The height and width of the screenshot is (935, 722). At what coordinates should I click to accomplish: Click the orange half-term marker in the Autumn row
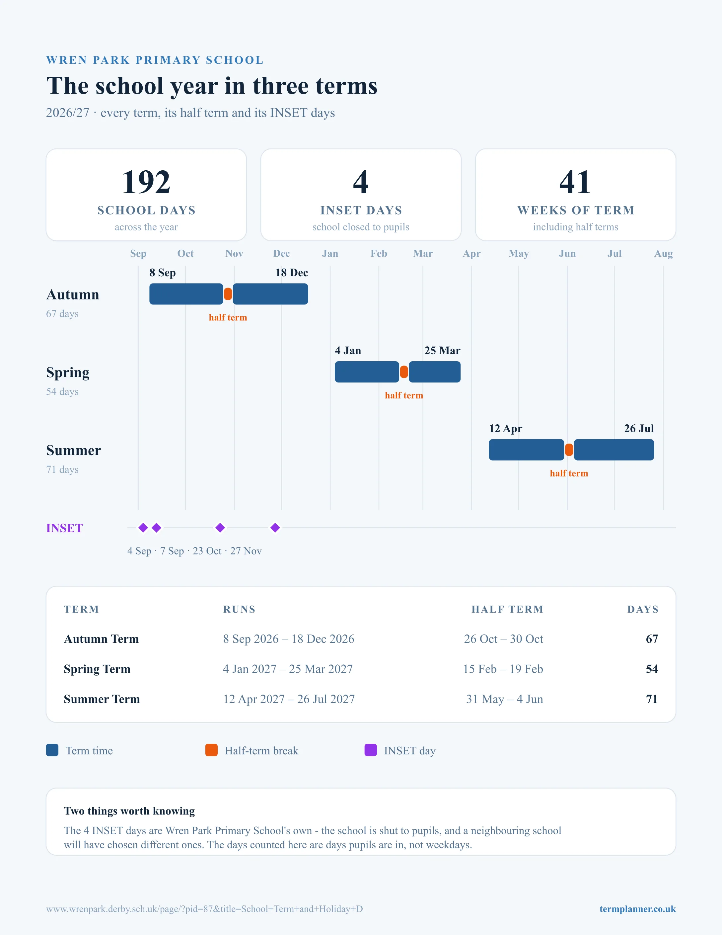pyautogui.click(x=228, y=294)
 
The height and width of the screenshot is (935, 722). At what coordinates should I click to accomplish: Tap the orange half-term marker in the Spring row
pyautogui.click(x=404, y=372)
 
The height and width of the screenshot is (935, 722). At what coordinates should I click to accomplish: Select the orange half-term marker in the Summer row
pyautogui.click(x=569, y=450)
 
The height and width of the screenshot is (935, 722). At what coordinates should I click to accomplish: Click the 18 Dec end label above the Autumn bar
pyautogui.click(x=292, y=273)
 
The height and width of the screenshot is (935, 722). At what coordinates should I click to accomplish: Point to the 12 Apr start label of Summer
pyautogui.click(x=506, y=429)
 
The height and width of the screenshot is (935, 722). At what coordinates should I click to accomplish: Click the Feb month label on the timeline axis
pyautogui.click(x=379, y=253)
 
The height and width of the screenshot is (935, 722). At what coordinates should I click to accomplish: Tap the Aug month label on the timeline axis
pyautogui.click(x=663, y=253)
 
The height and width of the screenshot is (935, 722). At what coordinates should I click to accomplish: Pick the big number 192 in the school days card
pyautogui.click(x=146, y=182)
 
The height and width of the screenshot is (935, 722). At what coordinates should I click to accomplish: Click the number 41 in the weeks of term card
pyautogui.click(x=575, y=182)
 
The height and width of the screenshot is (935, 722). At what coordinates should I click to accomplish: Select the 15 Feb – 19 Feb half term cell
pyautogui.click(x=503, y=669)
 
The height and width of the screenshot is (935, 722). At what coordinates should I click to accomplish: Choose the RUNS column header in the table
pyautogui.click(x=239, y=609)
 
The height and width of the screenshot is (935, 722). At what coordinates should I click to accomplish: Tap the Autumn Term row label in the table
pyautogui.click(x=102, y=639)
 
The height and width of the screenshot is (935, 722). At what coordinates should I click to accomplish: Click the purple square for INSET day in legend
pyautogui.click(x=370, y=750)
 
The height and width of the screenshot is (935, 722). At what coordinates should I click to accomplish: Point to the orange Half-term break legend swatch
pyautogui.click(x=211, y=750)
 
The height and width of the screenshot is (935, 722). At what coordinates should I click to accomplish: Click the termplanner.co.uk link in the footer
pyautogui.click(x=637, y=909)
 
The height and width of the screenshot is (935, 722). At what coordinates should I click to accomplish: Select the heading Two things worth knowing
pyautogui.click(x=129, y=811)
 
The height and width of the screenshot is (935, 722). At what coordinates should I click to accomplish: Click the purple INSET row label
pyautogui.click(x=65, y=528)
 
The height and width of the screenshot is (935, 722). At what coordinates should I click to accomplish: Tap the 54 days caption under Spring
pyautogui.click(x=62, y=392)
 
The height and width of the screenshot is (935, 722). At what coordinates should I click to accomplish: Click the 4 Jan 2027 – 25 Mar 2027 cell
pyautogui.click(x=288, y=669)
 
